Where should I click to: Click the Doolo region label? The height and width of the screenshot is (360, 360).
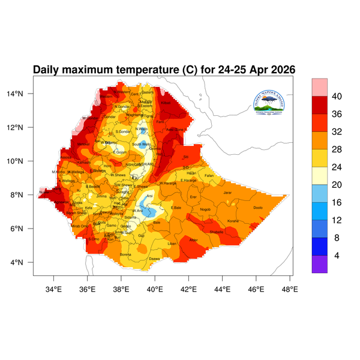pos(258,208)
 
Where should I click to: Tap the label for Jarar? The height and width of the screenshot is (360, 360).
pos(227,193)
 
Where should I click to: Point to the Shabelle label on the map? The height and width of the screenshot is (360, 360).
pos(217,232)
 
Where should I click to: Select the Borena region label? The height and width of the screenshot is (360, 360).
pos(126,254)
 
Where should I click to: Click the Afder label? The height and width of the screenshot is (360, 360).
pos(193,240)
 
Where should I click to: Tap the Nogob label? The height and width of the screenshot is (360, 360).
pos(206,209)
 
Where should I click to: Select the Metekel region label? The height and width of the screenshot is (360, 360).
pos(84,145)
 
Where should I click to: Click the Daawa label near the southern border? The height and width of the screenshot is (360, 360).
pos(154,259)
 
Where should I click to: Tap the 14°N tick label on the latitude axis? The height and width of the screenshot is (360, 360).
pos(23,94)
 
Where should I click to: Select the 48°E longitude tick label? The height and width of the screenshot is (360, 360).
pos(290,290)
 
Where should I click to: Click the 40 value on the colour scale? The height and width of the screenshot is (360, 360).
pos(337,97)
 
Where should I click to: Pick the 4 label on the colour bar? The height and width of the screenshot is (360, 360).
pos(337,256)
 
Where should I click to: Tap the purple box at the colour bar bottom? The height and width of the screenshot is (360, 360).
pos(319,265)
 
